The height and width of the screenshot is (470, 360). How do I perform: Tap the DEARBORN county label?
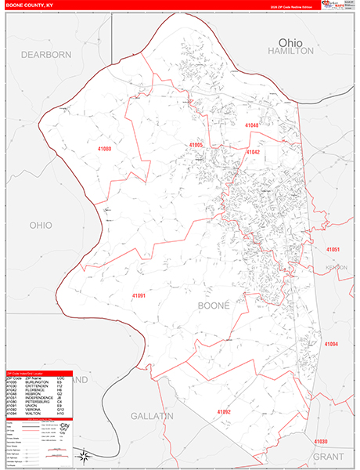pos(45,54)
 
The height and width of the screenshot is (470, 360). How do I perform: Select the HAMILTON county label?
pos(290,50)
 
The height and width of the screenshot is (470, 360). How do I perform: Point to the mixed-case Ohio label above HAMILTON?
pos(290,40)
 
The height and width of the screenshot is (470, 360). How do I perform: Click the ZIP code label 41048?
pos(251,125)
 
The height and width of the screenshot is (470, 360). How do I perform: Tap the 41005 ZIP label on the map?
pos(195,145)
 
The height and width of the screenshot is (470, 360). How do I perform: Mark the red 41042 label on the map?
pos(253,152)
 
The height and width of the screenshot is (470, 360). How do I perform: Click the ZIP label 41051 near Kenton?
pos(333,249)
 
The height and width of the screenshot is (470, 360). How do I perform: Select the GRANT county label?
pos(328,455)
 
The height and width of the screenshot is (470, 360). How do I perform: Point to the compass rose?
pos(81,454)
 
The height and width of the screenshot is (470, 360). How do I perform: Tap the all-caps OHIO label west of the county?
pos(40,225)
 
